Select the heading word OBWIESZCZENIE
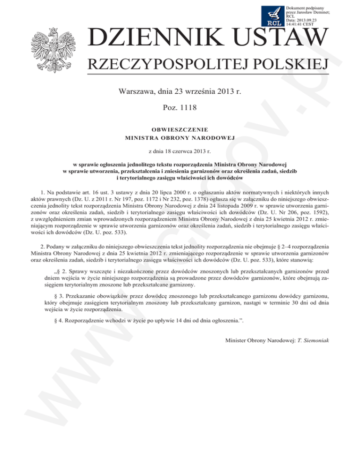coord(180,129)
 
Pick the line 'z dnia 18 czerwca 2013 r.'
coord(180,151)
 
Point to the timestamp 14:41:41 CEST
coord(301,24)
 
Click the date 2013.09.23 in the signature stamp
coord(307,20)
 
